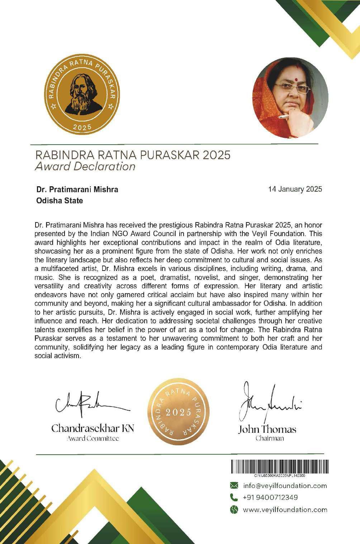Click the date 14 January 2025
[x=295, y=189]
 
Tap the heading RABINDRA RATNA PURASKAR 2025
[x=132, y=155]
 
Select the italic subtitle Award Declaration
[x=85, y=167]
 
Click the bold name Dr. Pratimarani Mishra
[x=77, y=189]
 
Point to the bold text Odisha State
[x=60, y=201]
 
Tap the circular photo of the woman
[x=290, y=98]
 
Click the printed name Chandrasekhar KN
[x=93, y=428]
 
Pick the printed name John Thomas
[x=267, y=429]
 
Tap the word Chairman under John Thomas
[x=270, y=439]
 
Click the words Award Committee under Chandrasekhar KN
[x=93, y=438]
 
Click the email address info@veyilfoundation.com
[x=285, y=486]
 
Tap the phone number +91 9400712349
[x=270, y=498]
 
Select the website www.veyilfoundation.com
[x=285, y=510]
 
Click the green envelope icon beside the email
[x=234, y=486]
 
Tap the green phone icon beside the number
[x=234, y=498]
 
